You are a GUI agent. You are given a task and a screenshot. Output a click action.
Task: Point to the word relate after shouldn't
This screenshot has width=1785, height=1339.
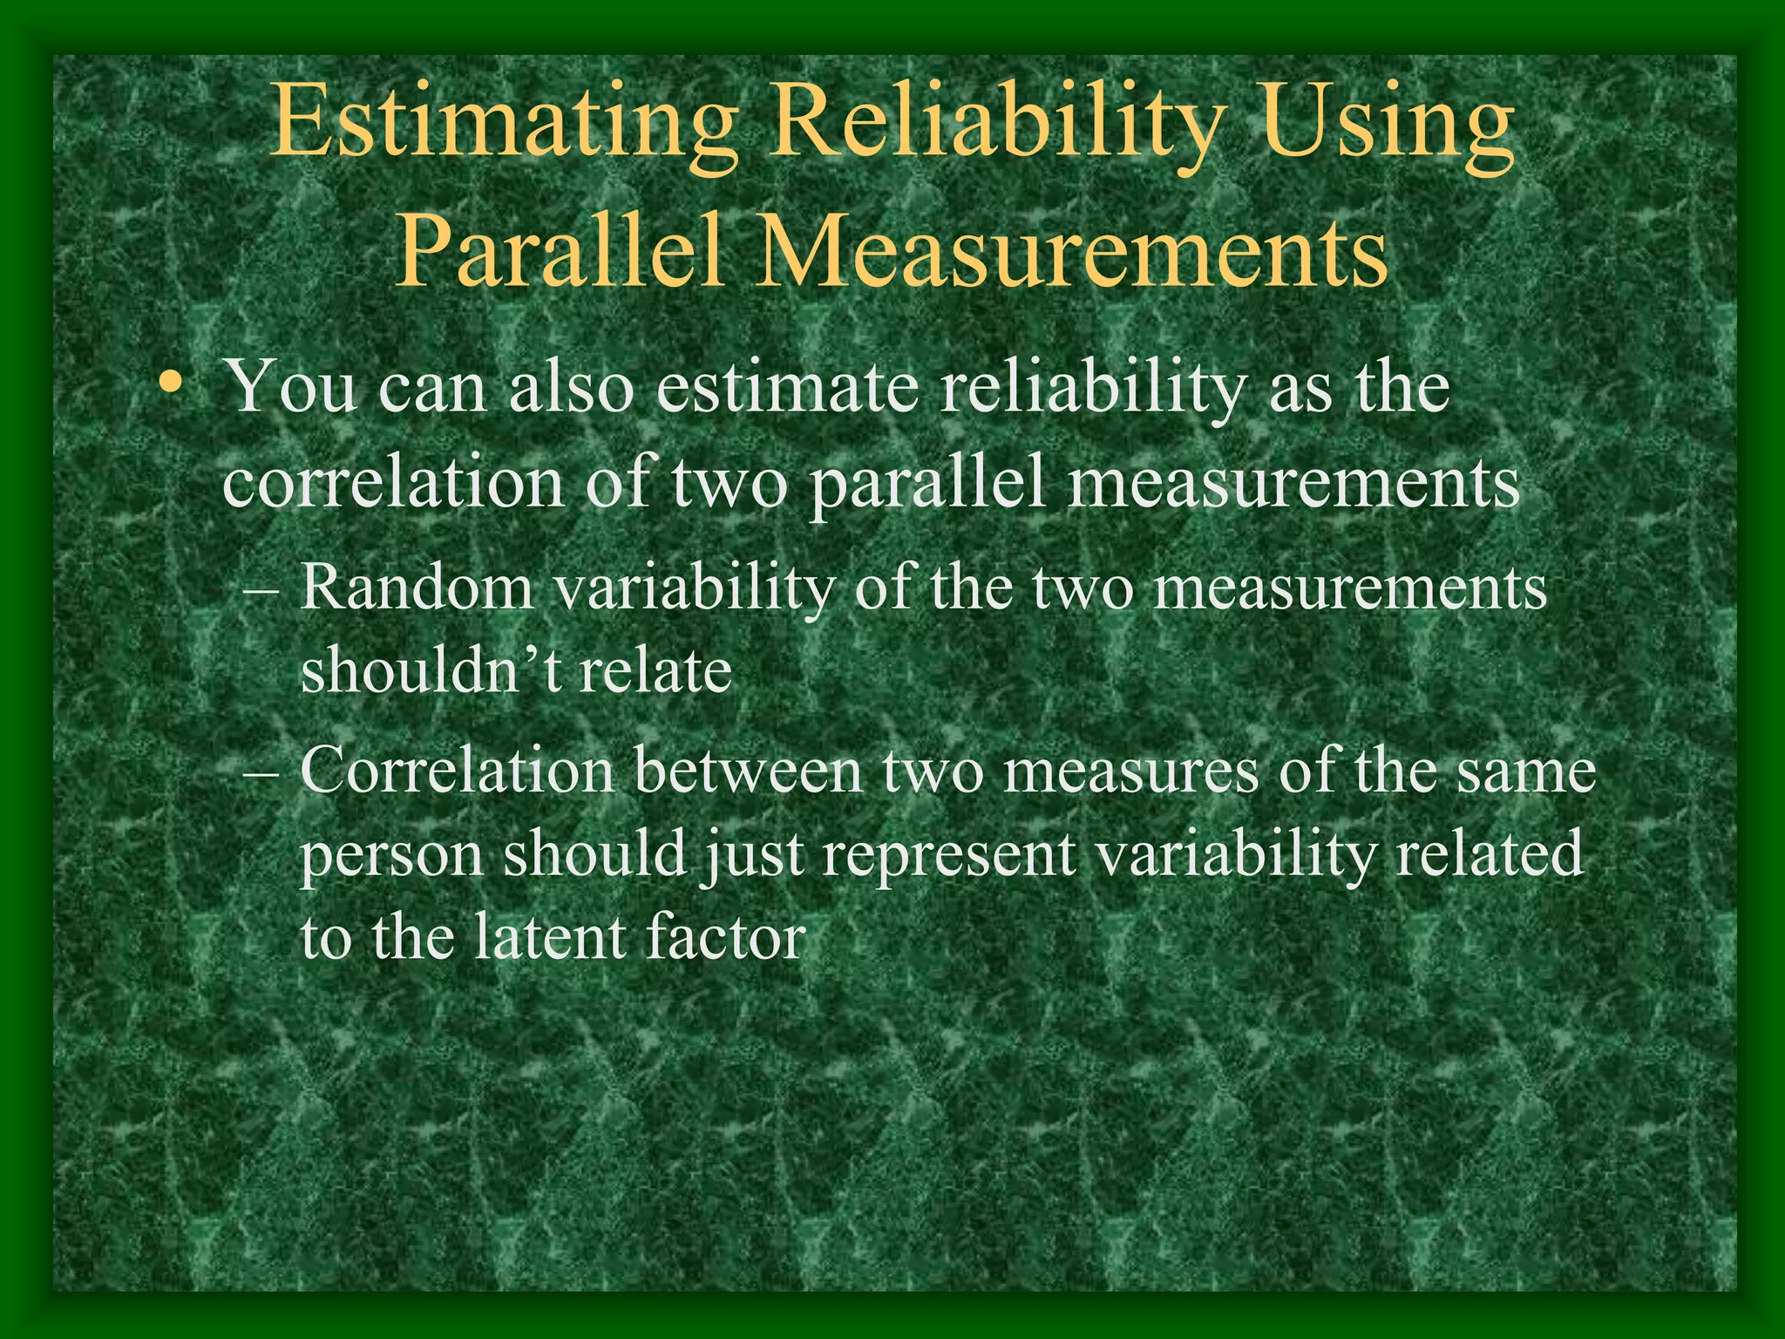coord(654,671)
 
